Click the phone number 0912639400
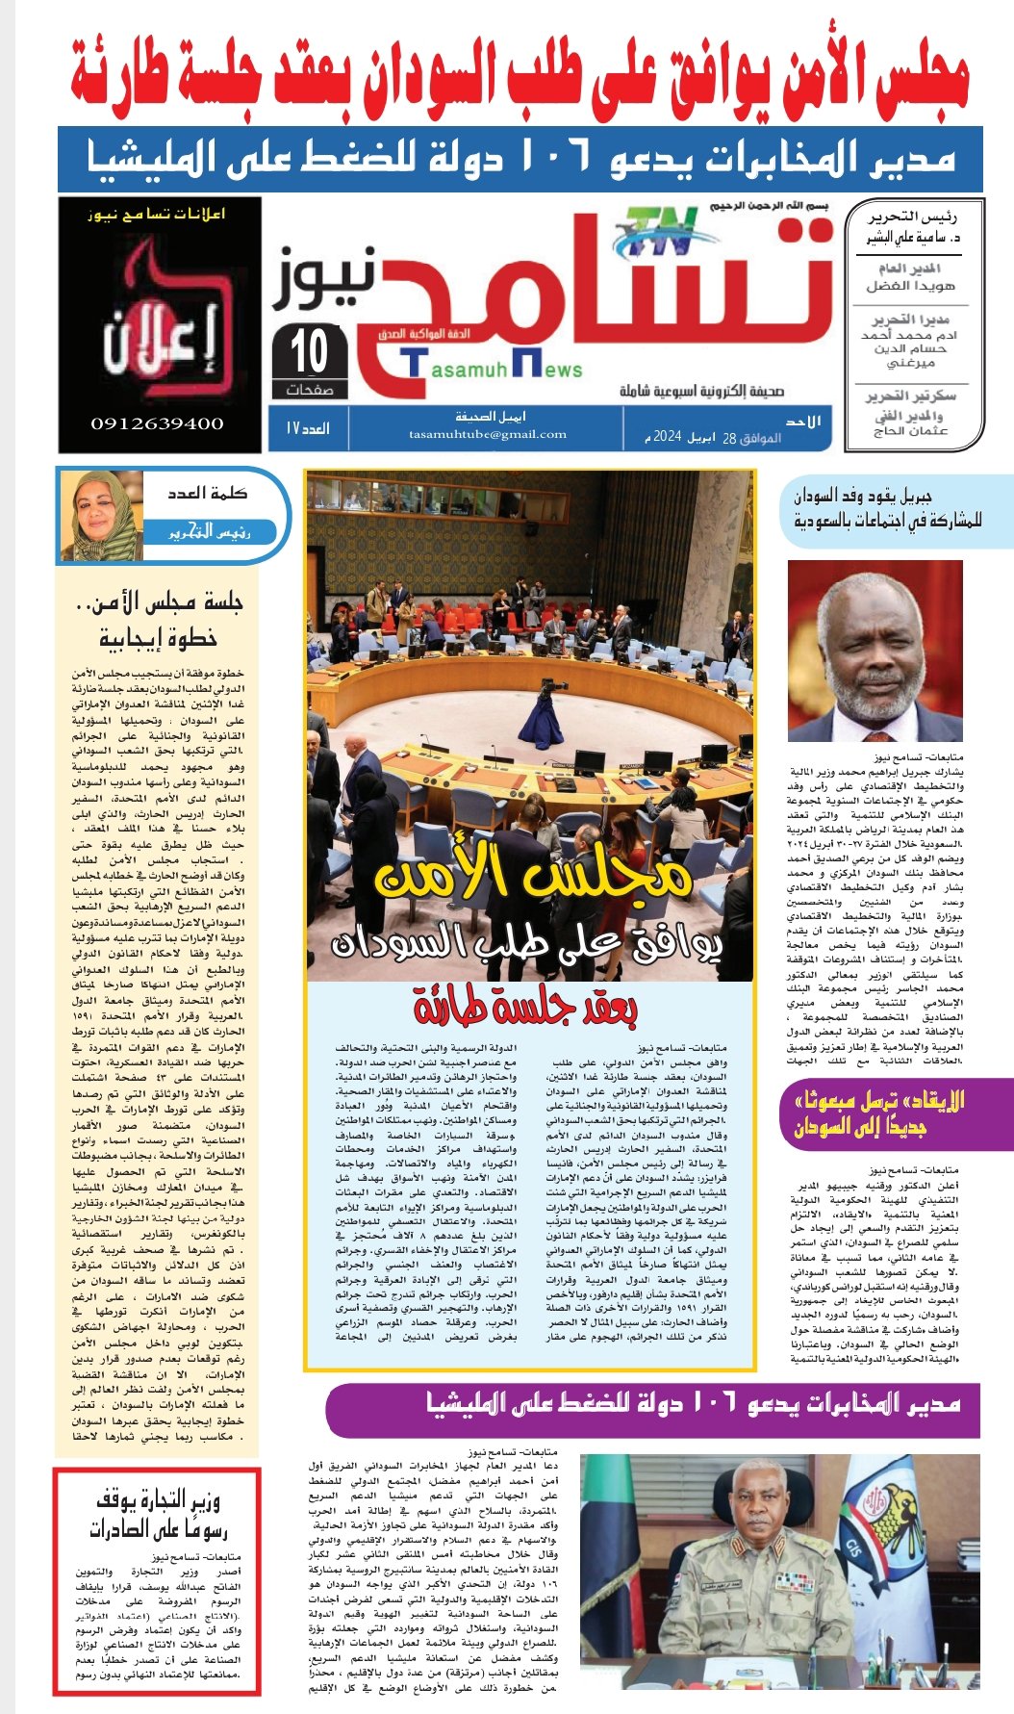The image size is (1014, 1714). pyautogui.click(x=157, y=423)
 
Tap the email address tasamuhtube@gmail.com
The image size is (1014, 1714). pyautogui.click(x=487, y=434)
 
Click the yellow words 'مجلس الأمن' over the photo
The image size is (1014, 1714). pyautogui.click(x=532, y=874)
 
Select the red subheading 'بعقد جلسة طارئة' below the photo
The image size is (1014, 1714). pyautogui.click(x=525, y=1008)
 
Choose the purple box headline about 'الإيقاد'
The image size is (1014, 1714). pyautogui.click(x=878, y=1113)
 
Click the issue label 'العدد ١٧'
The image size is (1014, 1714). pyautogui.click(x=307, y=427)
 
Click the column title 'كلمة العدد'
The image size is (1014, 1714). pyautogui.click(x=207, y=493)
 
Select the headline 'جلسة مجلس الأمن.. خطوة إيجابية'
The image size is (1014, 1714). pyautogui.click(x=158, y=620)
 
